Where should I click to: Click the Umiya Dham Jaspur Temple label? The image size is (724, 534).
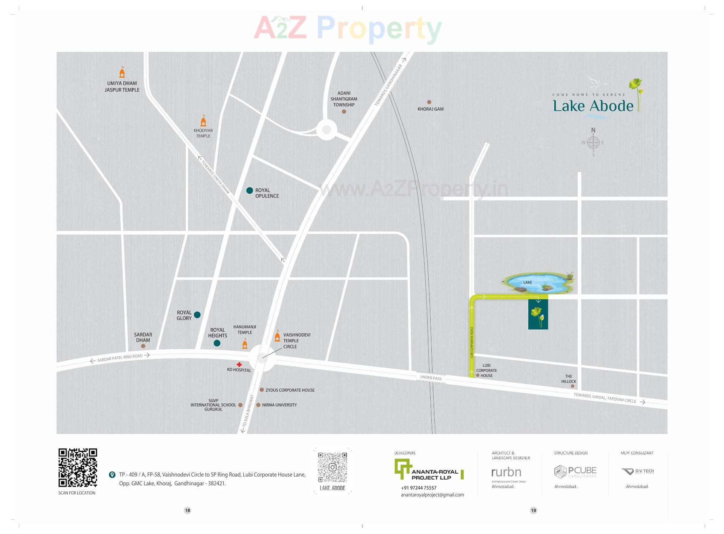pos(122,86)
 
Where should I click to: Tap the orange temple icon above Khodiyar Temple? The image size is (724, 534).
pos(203,121)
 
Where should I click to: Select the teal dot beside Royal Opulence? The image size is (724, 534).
pos(249,191)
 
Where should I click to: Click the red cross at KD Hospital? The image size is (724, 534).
pos(239,365)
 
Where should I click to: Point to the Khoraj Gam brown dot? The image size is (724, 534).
pos(429,102)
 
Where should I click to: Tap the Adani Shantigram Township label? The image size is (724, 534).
pos(344,99)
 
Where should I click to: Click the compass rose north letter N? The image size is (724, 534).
pos(593,131)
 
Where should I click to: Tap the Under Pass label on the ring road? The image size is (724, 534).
pos(431,378)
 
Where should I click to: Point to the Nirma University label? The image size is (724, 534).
pos(279,405)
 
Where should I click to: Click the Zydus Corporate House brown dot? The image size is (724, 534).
pos(262,390)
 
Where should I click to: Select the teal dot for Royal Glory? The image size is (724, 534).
pos(197,315)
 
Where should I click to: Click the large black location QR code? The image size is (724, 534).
pos(78,468)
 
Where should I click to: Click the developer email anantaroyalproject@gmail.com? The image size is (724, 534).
pos(432,495)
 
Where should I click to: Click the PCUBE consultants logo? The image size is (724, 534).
pos(575,472)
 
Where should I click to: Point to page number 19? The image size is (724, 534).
pos(533,510)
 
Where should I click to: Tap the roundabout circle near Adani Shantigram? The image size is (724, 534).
pos(327,130)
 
